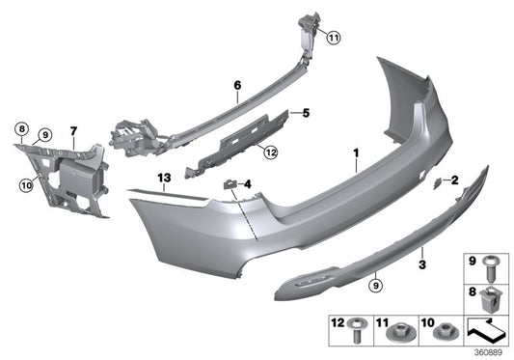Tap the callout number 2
pyautogui.click(x=454, y=179)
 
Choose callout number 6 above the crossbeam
pyautogui.click(x=236, y=86)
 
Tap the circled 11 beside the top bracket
pyautogui.click(x=334, y=38)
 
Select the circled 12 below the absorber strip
pyautogui.click(x=270, y=151)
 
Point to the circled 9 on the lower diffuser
pyautogui.click(x=375, y=283)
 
